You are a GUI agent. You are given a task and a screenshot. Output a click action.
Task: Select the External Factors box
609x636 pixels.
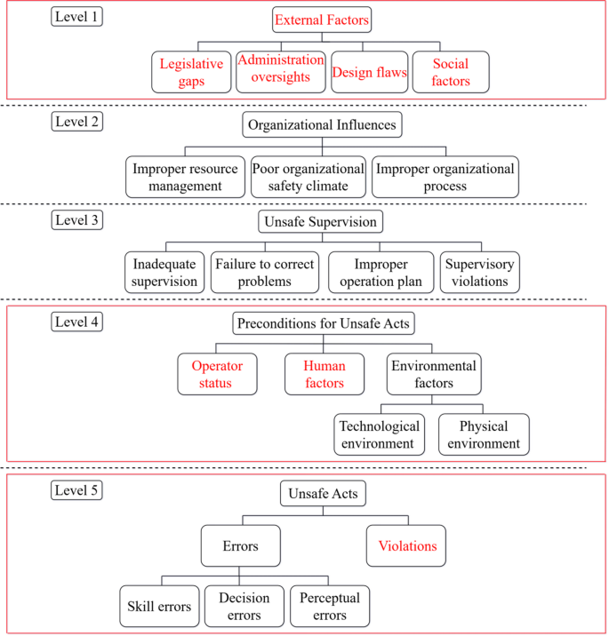[322, 20]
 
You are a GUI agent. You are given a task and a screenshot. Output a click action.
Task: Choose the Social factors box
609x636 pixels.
[451, 73]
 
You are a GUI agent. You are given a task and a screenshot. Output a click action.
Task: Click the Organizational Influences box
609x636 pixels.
[322, 125]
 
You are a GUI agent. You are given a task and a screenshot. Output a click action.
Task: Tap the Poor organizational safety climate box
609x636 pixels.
[308, 177]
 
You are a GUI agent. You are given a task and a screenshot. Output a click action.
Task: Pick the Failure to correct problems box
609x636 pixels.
[264, 273]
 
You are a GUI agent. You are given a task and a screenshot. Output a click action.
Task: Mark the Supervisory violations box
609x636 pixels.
[480, 273]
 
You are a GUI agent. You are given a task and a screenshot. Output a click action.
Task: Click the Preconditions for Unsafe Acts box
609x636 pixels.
[324, 324]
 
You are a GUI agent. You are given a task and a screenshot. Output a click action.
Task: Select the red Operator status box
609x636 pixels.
[217, 374]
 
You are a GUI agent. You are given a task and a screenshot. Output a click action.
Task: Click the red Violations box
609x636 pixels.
[408, 546]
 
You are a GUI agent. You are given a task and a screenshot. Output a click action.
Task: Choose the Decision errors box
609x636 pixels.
[244, 607]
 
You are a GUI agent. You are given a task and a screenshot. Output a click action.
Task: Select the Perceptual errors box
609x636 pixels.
[330, 607]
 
